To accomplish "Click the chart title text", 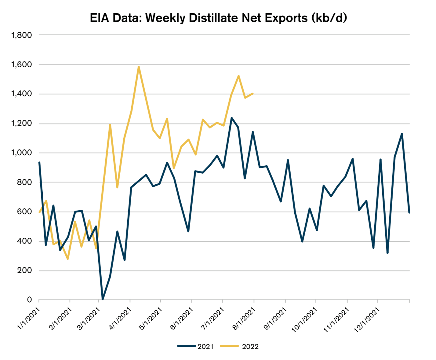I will pos(218,18).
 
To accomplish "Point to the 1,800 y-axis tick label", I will pos(21,35).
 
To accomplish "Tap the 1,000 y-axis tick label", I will pos(21,153).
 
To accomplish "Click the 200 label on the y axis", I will pos(25,270).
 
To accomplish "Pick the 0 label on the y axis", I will pos(29,300).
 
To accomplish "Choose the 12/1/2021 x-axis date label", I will pos(367,320).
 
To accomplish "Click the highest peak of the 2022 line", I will pos(139,67).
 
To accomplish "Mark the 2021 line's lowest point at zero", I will pos(103,299).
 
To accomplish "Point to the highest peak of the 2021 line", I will pos(231,118).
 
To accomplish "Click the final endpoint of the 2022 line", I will pos(253,94).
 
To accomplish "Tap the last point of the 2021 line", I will pos(409,212).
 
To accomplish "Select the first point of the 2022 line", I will pos(39,212).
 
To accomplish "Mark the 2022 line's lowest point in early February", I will pos(68,259).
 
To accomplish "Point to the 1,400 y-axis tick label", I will pos(21,94).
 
